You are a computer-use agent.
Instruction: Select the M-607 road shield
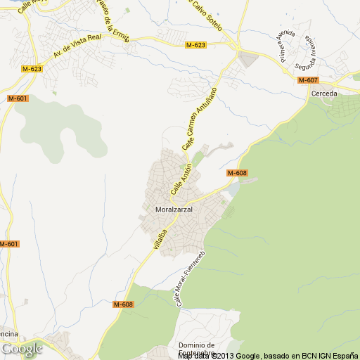pyautogui.click(x=308, y=80)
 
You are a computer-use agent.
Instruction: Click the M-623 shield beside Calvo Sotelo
pyautogui.click(x=196, y=45)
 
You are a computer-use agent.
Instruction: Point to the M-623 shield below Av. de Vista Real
pyautogui.click(x=32, y=69)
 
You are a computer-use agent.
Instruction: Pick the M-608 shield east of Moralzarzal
pyautogui.click(x=237, y=173)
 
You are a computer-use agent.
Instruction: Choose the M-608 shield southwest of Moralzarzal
pyautogui.click(x=123, y=304)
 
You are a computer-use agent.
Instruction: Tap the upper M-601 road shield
pyautogui.click(x=18, y=98)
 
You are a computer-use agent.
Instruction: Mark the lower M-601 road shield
pyautogui.click(x=8, y=243)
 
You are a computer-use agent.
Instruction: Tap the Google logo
pyautogui.click(x=22, y=349)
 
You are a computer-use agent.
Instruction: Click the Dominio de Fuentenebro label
pyautogui.click(x=196, y=349)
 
